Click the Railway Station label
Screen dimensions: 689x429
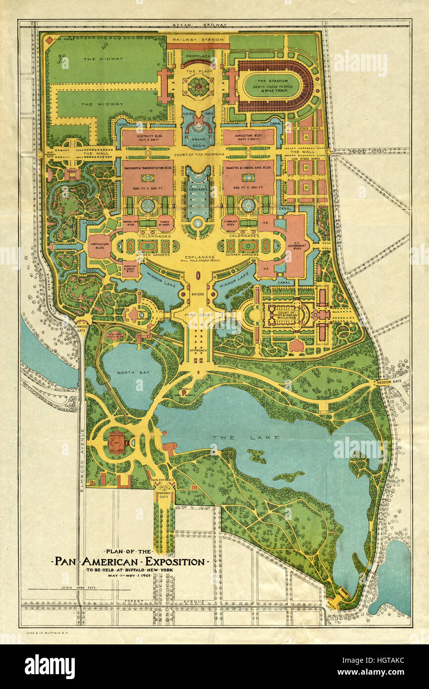tap(198, 39)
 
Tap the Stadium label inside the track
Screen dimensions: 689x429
tap(276, 80)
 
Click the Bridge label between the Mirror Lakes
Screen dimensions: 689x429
tap(198, 295)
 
